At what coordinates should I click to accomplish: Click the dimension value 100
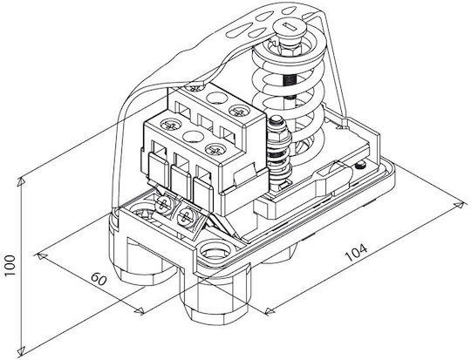pyautogui.click(x=10, y=267)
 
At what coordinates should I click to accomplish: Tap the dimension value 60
pyautogui.click(x=99, y=280)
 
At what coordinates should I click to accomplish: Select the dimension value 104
pyautogui.click(x=356, y=254)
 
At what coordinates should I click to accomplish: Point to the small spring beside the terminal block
pyautogui.click(x=279, y=160)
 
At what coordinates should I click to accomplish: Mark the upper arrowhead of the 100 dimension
pyautogui.click(x=21, y=181)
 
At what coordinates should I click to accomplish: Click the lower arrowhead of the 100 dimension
pyautogui.click(x=21, y=350)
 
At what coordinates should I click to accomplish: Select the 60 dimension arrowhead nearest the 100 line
pyautogui.click(x=42, y=255)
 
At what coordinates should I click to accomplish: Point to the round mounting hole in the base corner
pyautogui.click(x=214, y=250)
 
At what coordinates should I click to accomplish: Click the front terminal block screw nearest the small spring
pyautogui.click(x=214, y=149)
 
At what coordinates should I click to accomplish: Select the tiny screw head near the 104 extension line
pyautogui.click(x=359, y=166)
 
